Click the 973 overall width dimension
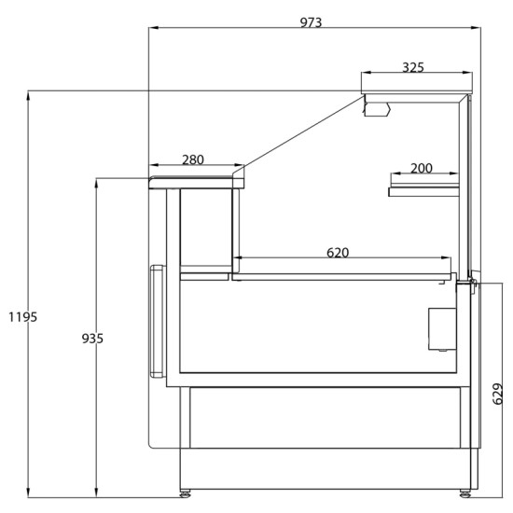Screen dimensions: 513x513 311,22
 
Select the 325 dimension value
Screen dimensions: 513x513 413,67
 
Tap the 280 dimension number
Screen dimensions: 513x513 193,159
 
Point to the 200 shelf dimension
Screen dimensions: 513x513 422,168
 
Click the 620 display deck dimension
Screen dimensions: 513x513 338,253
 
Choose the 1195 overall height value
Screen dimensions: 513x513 22,317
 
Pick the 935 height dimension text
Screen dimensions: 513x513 92,339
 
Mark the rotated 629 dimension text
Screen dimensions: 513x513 498,394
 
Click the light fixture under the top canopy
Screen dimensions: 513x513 378,109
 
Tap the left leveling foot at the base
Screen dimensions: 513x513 186,493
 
